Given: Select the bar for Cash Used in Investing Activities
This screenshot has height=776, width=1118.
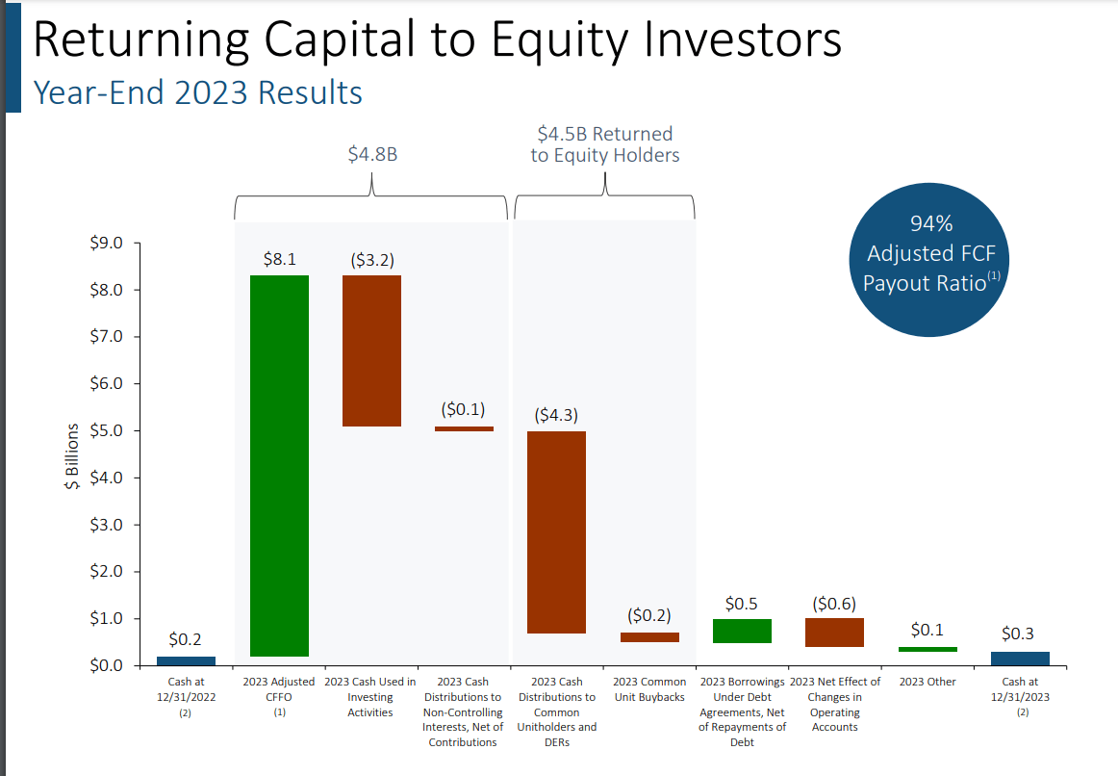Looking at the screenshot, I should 371,350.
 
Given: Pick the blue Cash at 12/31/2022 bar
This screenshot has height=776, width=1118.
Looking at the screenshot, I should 186,660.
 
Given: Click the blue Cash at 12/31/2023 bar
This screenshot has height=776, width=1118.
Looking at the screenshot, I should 1020,659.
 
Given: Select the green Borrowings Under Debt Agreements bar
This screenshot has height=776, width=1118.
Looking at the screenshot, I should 742,631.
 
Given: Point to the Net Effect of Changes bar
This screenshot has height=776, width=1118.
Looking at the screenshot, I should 834,633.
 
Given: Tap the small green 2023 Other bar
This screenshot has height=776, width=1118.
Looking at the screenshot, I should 927,650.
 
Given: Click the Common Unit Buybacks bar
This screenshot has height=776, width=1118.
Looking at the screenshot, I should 649,637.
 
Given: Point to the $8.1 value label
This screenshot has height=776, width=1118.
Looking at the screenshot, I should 279,259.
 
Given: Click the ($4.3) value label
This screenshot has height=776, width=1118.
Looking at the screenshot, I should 557,416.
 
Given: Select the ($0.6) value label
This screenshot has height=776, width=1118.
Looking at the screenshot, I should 834,604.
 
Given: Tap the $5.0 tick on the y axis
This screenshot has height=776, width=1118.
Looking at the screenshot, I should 107,430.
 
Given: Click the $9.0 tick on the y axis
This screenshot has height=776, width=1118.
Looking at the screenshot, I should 107,243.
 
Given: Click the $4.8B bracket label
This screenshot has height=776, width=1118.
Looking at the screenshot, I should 372,154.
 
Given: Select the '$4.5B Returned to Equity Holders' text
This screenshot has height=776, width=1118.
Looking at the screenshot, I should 604,144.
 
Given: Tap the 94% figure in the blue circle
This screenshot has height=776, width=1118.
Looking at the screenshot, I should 930,224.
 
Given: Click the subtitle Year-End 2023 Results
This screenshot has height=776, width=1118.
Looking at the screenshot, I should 198,92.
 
